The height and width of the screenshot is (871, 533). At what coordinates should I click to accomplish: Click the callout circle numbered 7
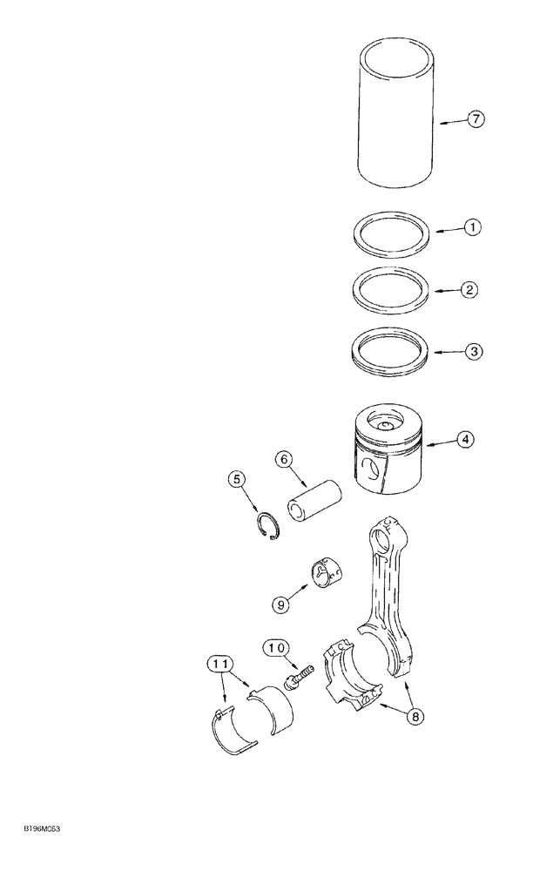tap(475, 120)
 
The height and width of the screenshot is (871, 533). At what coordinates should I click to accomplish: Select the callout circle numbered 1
tap(471, 228)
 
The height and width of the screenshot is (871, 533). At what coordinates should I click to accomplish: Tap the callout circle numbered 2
tap(469, 290)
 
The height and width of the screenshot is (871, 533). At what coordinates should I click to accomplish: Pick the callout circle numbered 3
tap(471, 352)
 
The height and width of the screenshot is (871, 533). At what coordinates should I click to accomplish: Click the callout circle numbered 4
tap(466, 441)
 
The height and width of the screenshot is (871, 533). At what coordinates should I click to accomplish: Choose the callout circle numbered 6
tap(284, 458)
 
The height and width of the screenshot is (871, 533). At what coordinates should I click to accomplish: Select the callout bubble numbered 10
tap(277, 647)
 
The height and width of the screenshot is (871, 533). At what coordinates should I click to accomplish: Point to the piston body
tap(391, 449)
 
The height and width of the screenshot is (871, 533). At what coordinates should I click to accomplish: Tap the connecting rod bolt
tap(298, 676)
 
